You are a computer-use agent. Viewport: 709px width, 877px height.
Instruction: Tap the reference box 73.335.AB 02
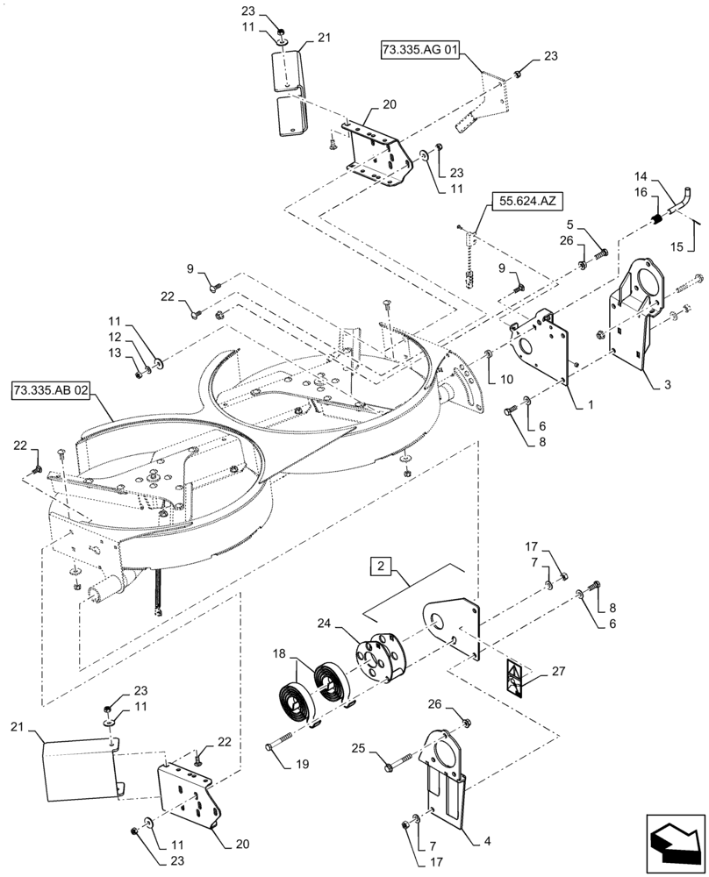tap(50, 389)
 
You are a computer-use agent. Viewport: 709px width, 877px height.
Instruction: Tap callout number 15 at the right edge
tap(677, 246)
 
